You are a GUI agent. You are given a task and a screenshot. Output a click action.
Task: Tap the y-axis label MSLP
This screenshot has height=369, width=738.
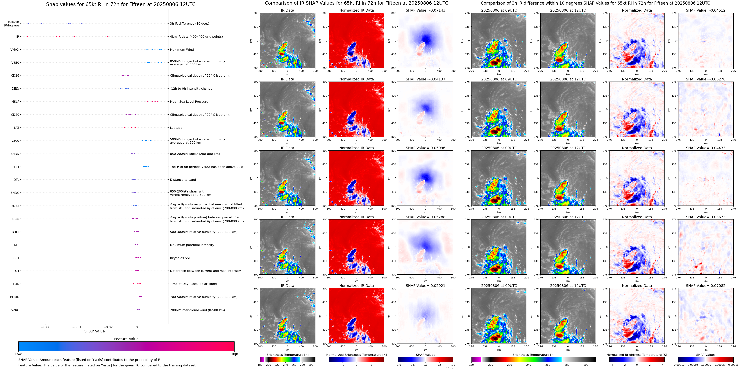pos(15,102)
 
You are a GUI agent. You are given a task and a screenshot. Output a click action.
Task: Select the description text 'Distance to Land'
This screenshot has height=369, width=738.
pos(183,180)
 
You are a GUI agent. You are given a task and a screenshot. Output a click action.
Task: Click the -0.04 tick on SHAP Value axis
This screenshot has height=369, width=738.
pos(77,327)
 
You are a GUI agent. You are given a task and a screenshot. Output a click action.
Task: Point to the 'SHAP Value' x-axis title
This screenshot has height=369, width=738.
pos(94,331)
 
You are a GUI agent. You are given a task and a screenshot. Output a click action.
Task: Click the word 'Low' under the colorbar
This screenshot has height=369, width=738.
pos(18,354)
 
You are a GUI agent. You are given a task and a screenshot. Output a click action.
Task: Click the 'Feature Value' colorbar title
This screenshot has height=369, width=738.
pos(126,339)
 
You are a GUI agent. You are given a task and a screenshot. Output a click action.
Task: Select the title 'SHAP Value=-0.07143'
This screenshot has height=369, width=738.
pos(426,10)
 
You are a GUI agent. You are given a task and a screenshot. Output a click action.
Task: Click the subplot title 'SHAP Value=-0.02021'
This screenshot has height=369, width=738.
pos(426,286)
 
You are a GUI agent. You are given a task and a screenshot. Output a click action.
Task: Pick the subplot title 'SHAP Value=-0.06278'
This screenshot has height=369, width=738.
pos(706,79)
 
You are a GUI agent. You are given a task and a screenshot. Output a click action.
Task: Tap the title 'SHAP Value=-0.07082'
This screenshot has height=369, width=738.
pos(706,286)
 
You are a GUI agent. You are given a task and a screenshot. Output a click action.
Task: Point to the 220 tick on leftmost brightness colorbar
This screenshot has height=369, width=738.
pos(277,365)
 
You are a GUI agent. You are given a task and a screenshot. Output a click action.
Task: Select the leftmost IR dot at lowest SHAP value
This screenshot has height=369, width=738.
pos(28,36)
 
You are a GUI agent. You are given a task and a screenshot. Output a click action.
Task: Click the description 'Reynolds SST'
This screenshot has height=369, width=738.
pos(180,258)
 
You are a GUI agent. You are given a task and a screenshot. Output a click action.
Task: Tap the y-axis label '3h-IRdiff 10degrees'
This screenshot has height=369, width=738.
pos(11,24)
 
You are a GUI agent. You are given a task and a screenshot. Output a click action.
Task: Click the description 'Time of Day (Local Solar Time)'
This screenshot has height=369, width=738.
pos(193,284)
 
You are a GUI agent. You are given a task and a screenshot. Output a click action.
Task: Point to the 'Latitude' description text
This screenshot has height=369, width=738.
pos(176,128)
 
